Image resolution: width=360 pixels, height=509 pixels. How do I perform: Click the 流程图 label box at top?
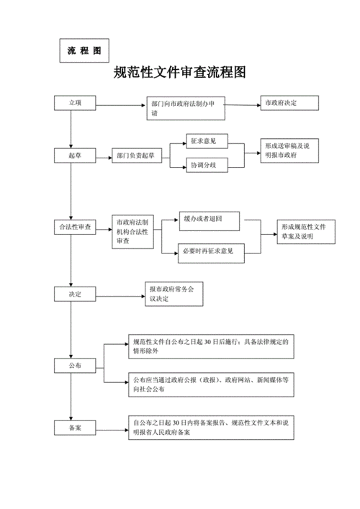coord(84,51)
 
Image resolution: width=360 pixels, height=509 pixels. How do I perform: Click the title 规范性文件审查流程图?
coord(180,73)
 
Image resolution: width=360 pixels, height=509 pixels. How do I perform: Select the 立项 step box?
coord(76,104)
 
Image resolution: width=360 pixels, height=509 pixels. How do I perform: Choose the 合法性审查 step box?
coord(76,228)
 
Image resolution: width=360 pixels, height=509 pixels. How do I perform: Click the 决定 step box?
coord(76,294)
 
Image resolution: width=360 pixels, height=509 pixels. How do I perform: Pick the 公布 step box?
coord(76,366)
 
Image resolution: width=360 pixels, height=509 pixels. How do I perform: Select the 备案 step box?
coord(76,427)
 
